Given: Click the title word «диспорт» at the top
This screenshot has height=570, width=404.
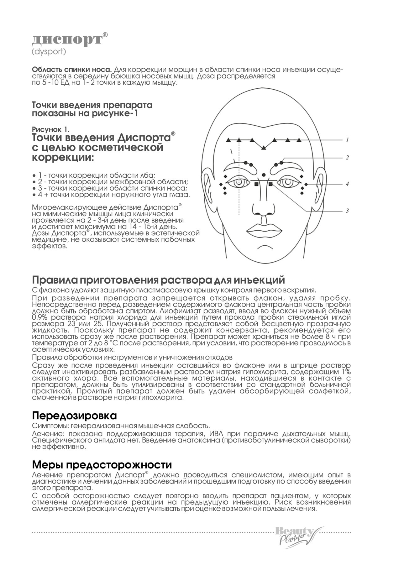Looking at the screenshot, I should [x=67, y=40].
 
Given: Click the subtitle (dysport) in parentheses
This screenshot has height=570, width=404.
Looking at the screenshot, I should [x=49, y=52].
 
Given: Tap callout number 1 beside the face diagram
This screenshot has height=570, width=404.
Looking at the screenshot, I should [x=347, y=140].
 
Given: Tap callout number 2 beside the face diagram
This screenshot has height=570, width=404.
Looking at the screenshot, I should [x=347, y=158].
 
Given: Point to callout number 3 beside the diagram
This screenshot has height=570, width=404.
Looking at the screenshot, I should [x=347, y=211].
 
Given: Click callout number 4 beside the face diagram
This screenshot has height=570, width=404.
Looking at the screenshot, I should [x=347, y=184].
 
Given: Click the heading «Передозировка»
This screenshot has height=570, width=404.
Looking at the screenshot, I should [x=74, y=416].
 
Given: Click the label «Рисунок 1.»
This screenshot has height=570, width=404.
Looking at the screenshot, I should [x=51, y=129].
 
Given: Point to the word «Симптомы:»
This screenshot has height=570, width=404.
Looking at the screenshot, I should [x=51, y=426].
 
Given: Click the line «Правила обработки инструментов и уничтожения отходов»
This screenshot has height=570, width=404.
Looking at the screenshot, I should [x=132, y=358].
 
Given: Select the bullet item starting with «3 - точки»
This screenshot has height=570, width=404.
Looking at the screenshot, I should [x=110, y=188].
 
